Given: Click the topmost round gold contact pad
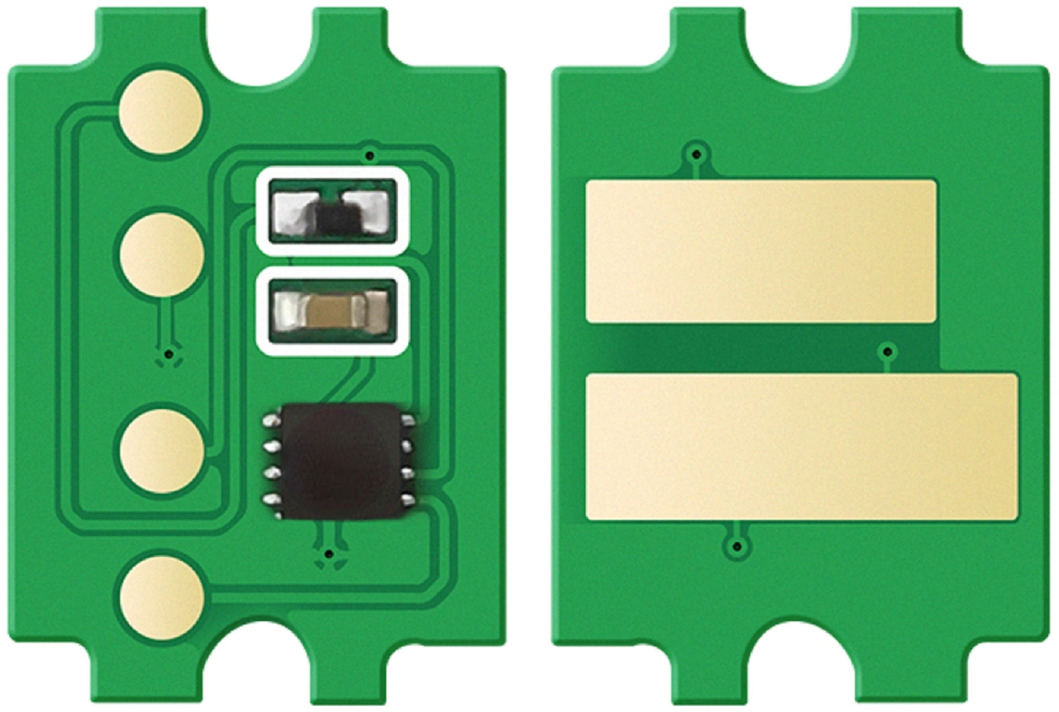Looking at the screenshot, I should [x=161, y=113].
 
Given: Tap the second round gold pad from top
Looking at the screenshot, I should [x=161, y=255].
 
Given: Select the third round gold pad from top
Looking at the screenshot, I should [x=161, y=451].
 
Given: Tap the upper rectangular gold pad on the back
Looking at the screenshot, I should [x=761, y=251].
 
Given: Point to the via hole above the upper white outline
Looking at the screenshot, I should [x=371, y=156].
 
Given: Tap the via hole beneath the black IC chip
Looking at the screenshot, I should [x=329, y=554].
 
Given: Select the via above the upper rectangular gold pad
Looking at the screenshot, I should [x=697, y=155].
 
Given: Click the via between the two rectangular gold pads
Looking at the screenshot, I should [x=888, y=352].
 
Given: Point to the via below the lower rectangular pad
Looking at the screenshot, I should [x=736, y=546].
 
